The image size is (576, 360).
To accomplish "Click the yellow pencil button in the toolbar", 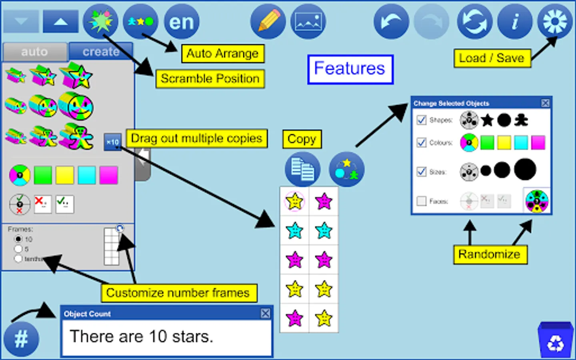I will [x=268, y=21].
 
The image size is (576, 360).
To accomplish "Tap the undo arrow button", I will [x=391, y=21].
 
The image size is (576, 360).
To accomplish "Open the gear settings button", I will [x=555, y=21].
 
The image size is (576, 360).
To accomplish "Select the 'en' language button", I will [x=181, y=21].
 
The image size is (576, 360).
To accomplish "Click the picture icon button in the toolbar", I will [x=308, y=21].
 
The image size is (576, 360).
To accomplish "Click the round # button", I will [x=21, y=339].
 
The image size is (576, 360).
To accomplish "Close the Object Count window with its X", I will [x=265, y=313].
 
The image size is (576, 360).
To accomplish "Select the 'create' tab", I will [x=101, y=52].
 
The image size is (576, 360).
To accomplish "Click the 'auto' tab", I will [x=34, y=52].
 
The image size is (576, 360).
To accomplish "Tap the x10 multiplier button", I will [x=112, y=142].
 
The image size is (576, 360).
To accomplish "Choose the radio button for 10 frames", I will [x=18, y=239].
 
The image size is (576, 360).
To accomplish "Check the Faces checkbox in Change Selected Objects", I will [x=421, y=201].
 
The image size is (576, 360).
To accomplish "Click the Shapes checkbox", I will [x=421, y=120].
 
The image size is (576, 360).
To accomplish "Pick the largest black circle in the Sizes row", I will [x=525, y=169].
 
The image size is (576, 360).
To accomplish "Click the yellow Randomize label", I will [x=490, y=254].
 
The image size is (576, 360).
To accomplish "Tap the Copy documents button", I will [x=302, y=169].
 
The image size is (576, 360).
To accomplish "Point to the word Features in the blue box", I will [x=350, y=69].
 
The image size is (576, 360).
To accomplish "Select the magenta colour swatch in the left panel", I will [x=108, y=175].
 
